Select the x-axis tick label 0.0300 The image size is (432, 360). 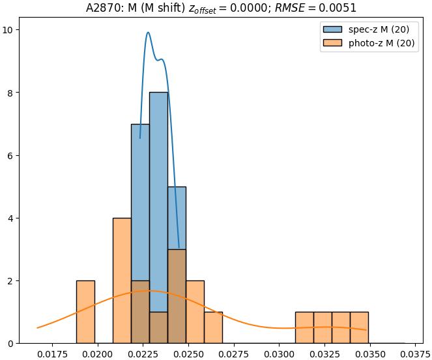pyautogui.click(x=279, y=353)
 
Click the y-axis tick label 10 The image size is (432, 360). pyautogui.click(x=11, y=30)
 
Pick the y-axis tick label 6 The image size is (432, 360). pyautogui.click(x=14, y=155)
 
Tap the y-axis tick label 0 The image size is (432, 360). pyautogui.click(x=14, y=344)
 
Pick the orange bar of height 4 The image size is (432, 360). pyautogui.click(x=122, y=280)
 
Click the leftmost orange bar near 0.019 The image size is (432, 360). pyautogui.click(x=85, y=312)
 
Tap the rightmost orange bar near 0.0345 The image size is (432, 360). pyautogui.click(x=359, y=327)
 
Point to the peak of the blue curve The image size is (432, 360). pyautogui.click(x=148, y=33)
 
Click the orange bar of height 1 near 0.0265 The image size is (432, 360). pyautogui.click(x=213, y=327)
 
